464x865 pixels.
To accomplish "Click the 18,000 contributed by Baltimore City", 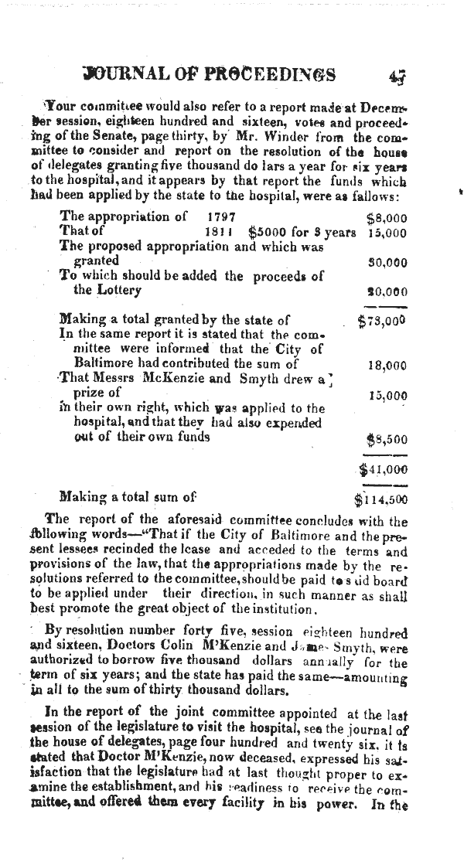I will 387,366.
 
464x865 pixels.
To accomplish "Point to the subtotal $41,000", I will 384,469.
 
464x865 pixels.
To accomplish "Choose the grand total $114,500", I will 380,499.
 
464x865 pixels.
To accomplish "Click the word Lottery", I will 117,291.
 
